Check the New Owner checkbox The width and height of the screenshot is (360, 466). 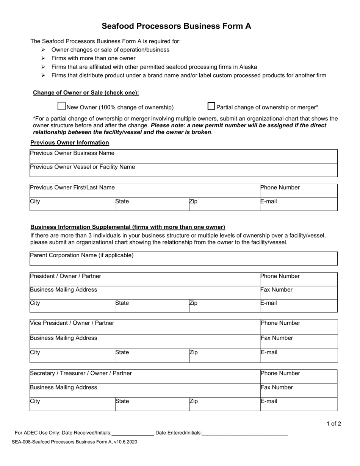(61, 106)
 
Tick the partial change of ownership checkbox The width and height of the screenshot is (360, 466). (211, 106)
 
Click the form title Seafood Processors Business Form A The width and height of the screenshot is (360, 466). (176, 26)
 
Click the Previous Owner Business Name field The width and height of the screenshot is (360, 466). (183, 156)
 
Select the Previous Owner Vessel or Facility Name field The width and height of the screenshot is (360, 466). (183, 170)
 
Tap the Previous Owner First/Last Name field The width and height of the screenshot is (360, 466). (144, 191)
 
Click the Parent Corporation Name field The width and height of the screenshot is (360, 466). (183, 258)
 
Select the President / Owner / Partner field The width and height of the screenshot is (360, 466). (144, 279)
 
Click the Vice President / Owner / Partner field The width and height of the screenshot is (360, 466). (144, 327)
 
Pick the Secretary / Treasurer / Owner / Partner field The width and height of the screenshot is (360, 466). (144, 377)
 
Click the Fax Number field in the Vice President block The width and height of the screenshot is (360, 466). (299, 341)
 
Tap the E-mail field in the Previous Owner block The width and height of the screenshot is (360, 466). (299, 204)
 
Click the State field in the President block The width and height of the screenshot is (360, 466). (152, 306)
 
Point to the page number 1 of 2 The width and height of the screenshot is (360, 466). (333, 424)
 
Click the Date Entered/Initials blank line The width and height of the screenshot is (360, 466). (244, 433)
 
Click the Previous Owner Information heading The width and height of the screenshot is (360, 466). (70, 142)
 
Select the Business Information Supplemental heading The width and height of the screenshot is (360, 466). (128, 227)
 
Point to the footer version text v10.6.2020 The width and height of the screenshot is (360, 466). (125, 442)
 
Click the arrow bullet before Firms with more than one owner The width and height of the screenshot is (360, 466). (43, 58)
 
